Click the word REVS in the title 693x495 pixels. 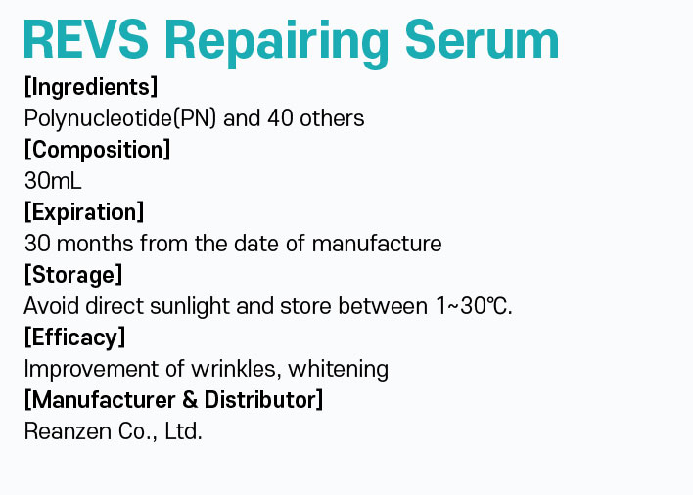(85, 39)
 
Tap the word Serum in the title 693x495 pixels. (482, 39)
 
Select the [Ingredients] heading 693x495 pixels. (91, 86)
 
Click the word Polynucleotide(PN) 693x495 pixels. (120, 118)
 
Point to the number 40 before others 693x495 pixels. (280, 118)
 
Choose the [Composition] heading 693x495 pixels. (97, 150)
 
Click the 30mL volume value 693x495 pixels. (53, 181)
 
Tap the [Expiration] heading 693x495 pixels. (84, 212)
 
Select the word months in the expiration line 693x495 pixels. (95, 244)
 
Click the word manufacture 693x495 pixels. (377, 244)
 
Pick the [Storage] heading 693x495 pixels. (73, 275)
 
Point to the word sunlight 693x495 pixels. (190, 306)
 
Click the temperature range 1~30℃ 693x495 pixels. (474, 306)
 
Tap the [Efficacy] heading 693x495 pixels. (75, 337)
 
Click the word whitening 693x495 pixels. (338, 369)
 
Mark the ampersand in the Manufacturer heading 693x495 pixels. (190, 400)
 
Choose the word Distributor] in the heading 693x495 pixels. (263, 400)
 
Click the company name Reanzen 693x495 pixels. (68, 431)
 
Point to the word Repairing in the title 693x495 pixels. (276, 42)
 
